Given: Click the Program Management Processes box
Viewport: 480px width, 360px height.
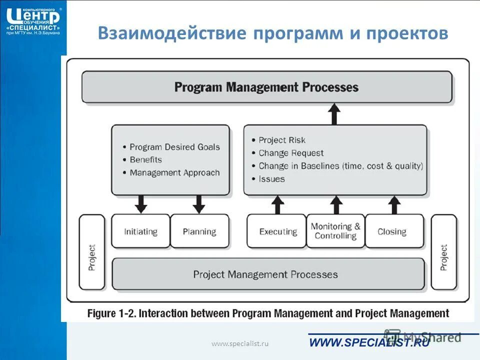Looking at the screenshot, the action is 266,87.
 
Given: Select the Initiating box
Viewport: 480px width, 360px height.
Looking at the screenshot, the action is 140,231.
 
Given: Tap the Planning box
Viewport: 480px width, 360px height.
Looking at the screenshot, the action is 199,231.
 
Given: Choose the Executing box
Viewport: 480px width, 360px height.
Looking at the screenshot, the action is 277,231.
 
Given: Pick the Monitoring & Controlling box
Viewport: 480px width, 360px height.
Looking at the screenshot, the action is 335,231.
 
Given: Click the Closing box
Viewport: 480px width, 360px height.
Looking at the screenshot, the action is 392,231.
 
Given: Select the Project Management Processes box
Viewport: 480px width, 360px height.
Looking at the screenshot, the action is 265,274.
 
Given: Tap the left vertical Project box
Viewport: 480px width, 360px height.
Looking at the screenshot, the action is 92,252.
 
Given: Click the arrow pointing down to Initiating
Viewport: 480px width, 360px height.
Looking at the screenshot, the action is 141,204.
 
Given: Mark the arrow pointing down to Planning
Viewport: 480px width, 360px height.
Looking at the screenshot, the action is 199,204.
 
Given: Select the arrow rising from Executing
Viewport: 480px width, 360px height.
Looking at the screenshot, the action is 278,205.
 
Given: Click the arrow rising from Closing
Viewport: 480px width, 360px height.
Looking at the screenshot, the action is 394,205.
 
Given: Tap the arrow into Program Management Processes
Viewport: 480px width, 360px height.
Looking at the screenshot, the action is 334,114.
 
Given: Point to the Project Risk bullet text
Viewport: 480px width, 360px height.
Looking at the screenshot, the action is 281,140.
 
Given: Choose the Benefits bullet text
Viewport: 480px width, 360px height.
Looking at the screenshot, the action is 145,160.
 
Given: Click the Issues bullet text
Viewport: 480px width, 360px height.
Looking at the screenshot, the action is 271,179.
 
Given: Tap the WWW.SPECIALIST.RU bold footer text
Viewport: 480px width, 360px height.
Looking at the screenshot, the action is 369,342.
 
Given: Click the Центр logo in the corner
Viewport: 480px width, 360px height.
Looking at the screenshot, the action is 33,20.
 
